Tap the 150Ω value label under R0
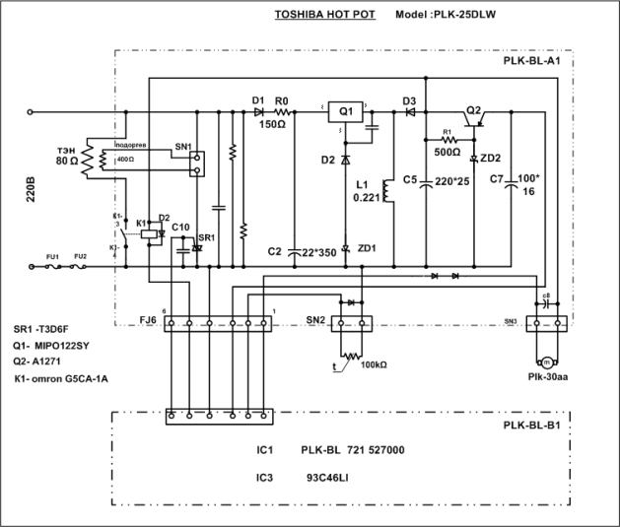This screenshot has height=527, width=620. [274, 125]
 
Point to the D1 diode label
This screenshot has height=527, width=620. [257, 100]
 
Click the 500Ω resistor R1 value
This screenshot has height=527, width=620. [447, 153]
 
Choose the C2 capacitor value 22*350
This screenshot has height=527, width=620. [314, 251]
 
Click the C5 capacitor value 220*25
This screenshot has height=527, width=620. [452, 180]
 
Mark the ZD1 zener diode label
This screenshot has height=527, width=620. [367, 247]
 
